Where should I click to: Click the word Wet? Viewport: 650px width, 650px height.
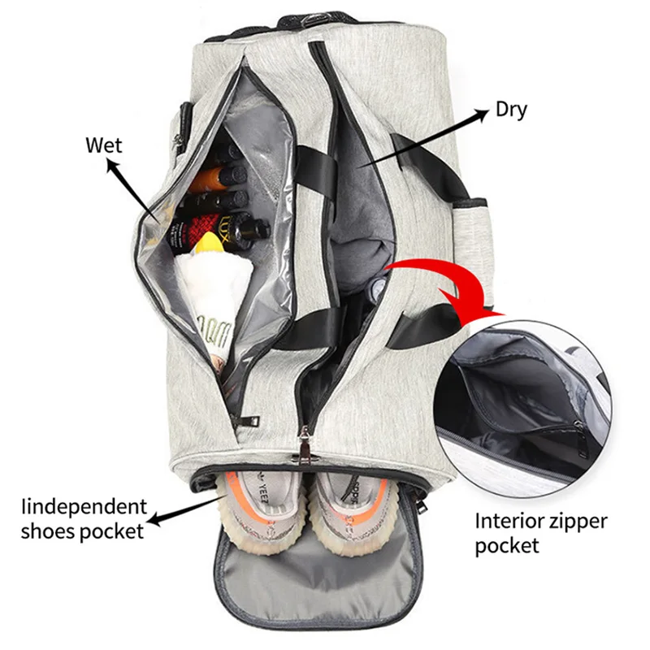click(x=104, y=145)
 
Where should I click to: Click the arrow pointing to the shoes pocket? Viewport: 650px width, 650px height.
click(x=179, y=515)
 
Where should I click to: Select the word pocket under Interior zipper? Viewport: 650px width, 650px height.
click(x=507, y=546)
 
